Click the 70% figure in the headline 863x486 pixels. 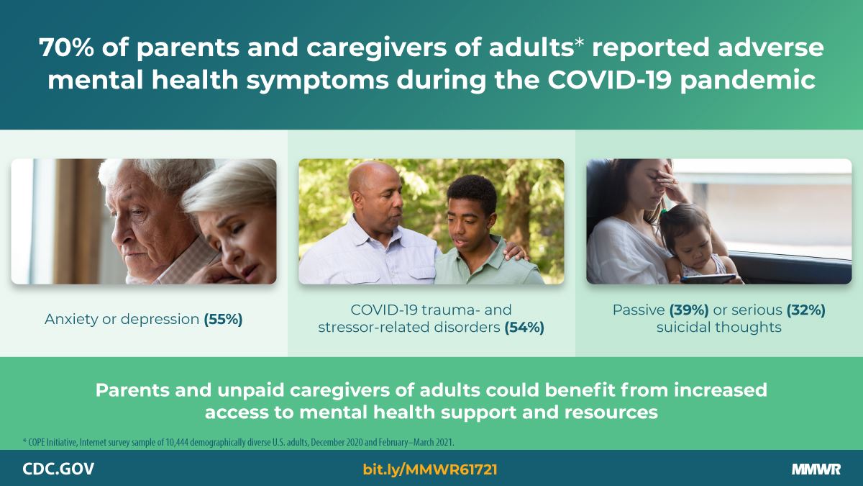(x=66, y=48)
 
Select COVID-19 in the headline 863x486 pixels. (x=610, y=80)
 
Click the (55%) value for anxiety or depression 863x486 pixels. (x=223, y=320)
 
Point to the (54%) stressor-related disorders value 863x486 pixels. (x=524, y=328)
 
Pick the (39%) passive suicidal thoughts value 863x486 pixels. (x=689, y=310)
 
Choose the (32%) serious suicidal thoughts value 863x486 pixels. (x=806, y=310)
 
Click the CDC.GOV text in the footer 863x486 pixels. (x=58, y=469)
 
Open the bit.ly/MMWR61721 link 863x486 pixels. (x=430, y=469)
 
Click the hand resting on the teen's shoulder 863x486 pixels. (x=516, y=251)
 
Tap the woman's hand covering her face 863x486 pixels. (x=670, y=182)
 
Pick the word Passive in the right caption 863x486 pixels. (x=639, y=310)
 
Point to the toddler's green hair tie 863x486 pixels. (x=663, y=212)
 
